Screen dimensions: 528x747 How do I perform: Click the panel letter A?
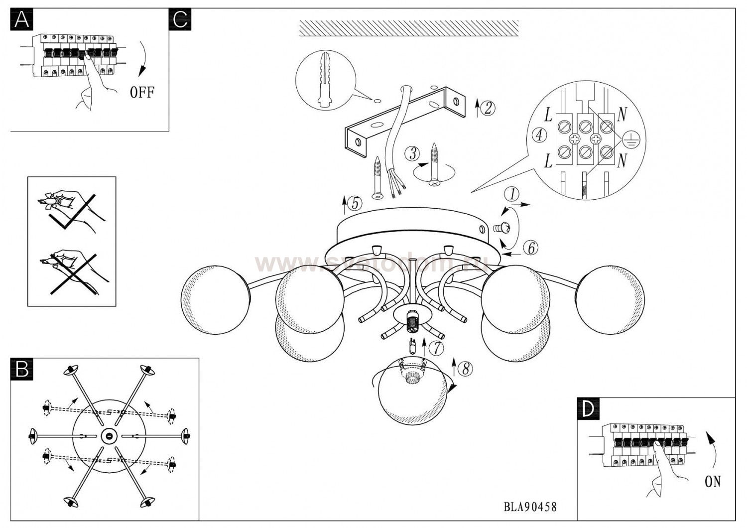tap(21, 19)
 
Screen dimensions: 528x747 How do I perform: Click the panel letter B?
tap(21, 369)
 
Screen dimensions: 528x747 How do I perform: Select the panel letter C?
tap(180, 19)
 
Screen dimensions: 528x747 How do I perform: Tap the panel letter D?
tap(588, 409)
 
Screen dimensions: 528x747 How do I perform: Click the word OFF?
tap(142, 92)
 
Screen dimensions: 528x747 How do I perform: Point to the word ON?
tap(713, 482)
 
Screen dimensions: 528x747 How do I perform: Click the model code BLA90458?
tap(530, 507)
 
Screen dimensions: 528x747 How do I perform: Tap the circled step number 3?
tap(412, 153)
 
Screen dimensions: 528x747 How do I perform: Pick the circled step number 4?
tap(539, 135)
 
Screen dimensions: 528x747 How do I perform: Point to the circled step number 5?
tap(354, 203)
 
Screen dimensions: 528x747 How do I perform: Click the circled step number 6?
tap(531, 248)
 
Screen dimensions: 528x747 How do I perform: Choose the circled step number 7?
tap(436, 348)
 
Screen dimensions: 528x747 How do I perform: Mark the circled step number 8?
tap(465, 369)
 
